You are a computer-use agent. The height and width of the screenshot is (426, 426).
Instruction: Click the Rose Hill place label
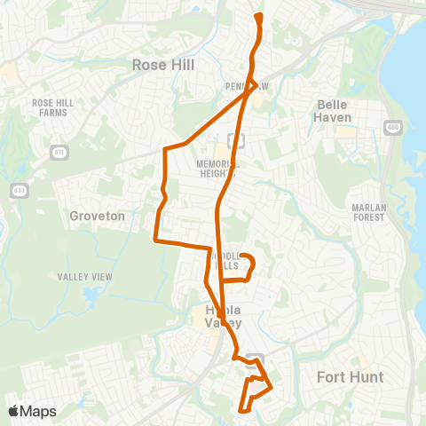pos(162,65)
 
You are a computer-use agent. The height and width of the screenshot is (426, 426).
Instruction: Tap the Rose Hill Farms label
pos(51,107)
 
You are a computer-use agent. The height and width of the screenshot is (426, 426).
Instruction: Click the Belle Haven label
pos(335,111)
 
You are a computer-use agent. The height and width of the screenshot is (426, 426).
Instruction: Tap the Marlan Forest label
pos(367,211)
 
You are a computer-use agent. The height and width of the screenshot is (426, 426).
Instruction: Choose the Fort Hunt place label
pos(351,377)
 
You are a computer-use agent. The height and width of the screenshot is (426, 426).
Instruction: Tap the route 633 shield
pos(19,190)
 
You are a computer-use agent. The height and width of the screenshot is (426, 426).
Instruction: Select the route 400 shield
pos(390,129)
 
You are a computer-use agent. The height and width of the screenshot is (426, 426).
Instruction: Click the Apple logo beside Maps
pos(13,411)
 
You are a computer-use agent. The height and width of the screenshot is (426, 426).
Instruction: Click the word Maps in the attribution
pos(38,411)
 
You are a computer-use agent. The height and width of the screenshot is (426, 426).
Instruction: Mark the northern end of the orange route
pos(258,16)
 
